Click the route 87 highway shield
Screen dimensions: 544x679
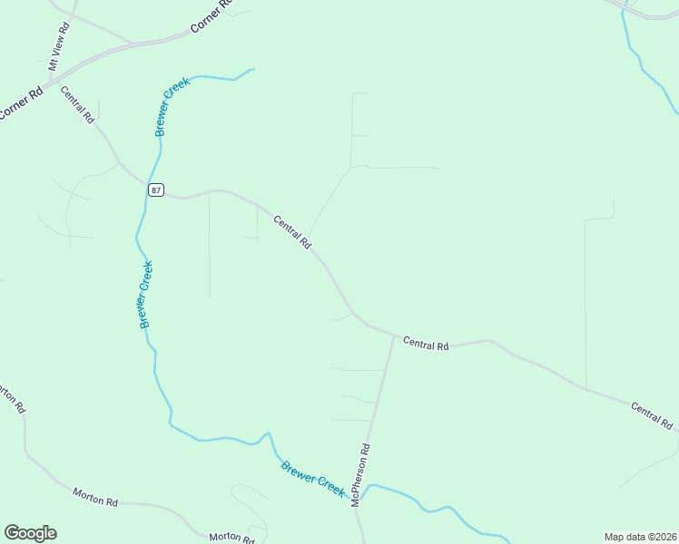[156, 189]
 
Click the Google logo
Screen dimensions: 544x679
[30, 533]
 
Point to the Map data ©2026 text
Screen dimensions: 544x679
[640, 536]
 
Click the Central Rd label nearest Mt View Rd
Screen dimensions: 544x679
[77, 103]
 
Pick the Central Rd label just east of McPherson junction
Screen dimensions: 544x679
[426, 345]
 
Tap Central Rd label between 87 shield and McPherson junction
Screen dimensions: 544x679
[292, 232]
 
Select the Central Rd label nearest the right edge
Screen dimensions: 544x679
[652, 415]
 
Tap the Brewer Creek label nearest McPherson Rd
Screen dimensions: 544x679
[312, 479]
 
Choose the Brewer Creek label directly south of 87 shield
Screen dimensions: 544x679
[145, 295]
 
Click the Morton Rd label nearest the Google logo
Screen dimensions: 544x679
[95, 496]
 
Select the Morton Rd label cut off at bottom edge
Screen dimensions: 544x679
[231, 537]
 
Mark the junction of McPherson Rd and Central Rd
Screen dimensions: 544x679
[394, 336]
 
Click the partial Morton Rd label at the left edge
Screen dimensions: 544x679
[11, 398]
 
